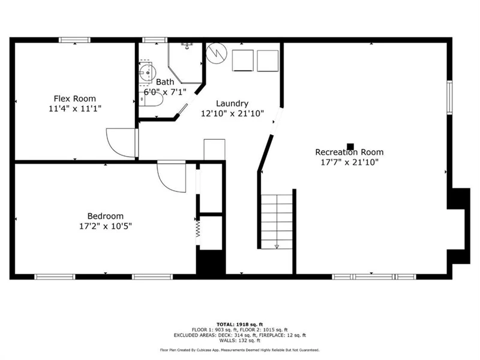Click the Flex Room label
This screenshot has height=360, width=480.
pos(74,98)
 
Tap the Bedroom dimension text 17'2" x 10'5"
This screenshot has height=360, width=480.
pos(106,226)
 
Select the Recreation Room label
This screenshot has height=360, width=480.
pos(349,152)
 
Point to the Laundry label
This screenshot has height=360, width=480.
pos(232,103)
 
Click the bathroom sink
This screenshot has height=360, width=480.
pos(147,73)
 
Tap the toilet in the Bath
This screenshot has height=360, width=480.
pos(151,99)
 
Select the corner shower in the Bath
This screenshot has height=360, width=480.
pos(185,63)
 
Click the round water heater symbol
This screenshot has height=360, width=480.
pos(217,53)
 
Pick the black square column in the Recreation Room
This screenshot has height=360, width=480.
pos(350,146)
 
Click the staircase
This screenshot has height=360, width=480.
pos(277,221)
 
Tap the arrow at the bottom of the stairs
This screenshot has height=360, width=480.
pos(277,246)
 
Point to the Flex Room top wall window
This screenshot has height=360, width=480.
pos(74,40)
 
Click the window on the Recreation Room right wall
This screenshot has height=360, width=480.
pos(449,97)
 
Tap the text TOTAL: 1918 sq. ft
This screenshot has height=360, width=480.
pos(239,325)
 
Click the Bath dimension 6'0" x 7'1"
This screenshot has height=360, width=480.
pos(165,92)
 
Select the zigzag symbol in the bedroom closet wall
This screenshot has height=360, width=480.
pos(198,229)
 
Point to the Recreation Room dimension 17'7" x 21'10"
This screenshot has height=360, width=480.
pos(349,162)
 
